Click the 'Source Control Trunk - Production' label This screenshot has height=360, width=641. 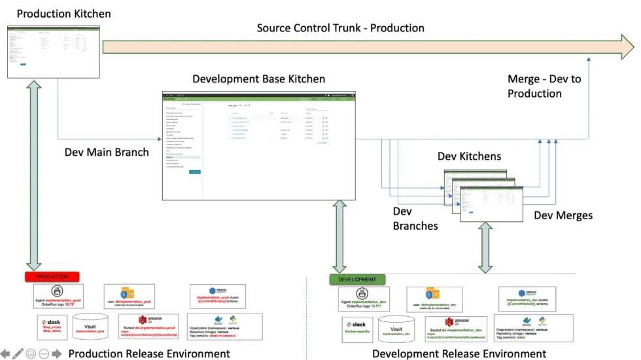[x=340, y=28]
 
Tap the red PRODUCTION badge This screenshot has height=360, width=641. [x=52, y=277]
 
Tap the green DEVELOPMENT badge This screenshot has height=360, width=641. [x=357, y=279]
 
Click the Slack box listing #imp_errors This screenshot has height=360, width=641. [x=51, y=325]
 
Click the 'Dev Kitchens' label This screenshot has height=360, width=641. [x=469, y=157]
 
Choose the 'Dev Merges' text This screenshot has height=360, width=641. [x=563, y=215]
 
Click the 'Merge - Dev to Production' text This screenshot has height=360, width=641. [x=544, y=86]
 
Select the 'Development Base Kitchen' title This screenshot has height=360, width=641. [x=258, y=79]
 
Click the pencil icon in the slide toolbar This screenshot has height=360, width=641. [x=18, y=353]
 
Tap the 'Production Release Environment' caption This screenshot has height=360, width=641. [x=149, y=353]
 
